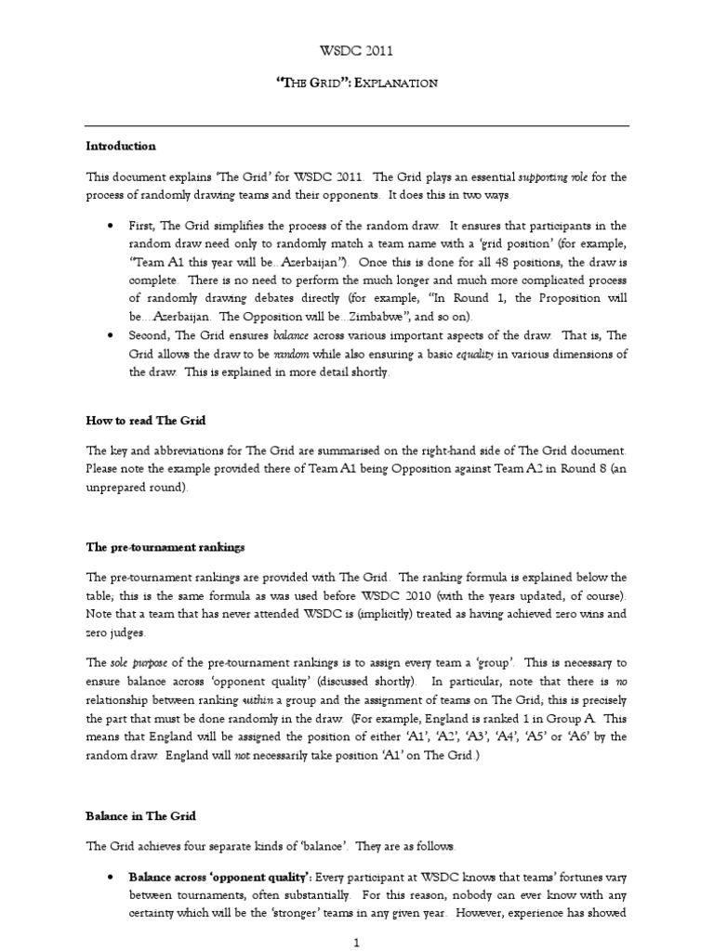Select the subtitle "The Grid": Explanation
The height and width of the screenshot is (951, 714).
click(358, 83)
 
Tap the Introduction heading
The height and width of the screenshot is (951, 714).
click(121, 146)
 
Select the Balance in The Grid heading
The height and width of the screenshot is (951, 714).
click(141, 816)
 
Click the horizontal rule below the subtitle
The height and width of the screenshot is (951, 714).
click(358, 126)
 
